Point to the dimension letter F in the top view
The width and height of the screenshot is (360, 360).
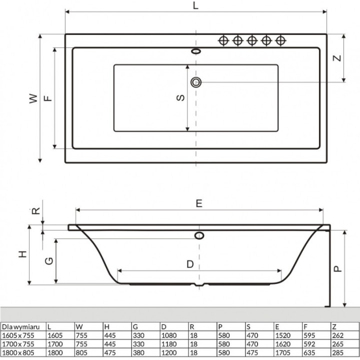[47, 98]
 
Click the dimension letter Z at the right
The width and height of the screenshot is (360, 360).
[337, 57]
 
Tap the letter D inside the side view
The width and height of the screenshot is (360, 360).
[190, 264]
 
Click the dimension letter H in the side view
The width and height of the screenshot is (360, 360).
[22, 254]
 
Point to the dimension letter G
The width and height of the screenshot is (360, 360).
[48, 260]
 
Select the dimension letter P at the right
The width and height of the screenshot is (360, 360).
[338, 268]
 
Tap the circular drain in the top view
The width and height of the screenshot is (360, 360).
[195, 82]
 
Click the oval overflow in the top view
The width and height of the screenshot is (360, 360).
[195, 50]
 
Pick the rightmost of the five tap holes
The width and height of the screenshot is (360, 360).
[280, 40]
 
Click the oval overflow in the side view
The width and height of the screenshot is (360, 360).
[199, 235]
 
